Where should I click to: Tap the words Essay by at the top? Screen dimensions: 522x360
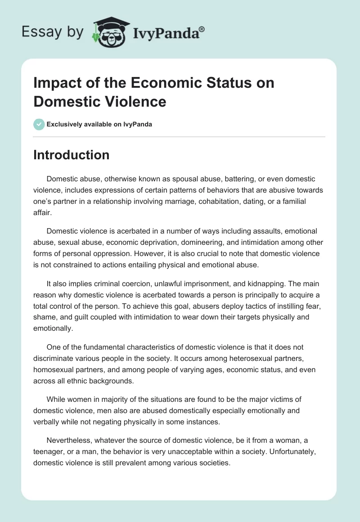pos(53,32)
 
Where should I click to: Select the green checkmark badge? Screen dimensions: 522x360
pos(39,124)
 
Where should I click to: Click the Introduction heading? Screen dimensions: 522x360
pos(72,155)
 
